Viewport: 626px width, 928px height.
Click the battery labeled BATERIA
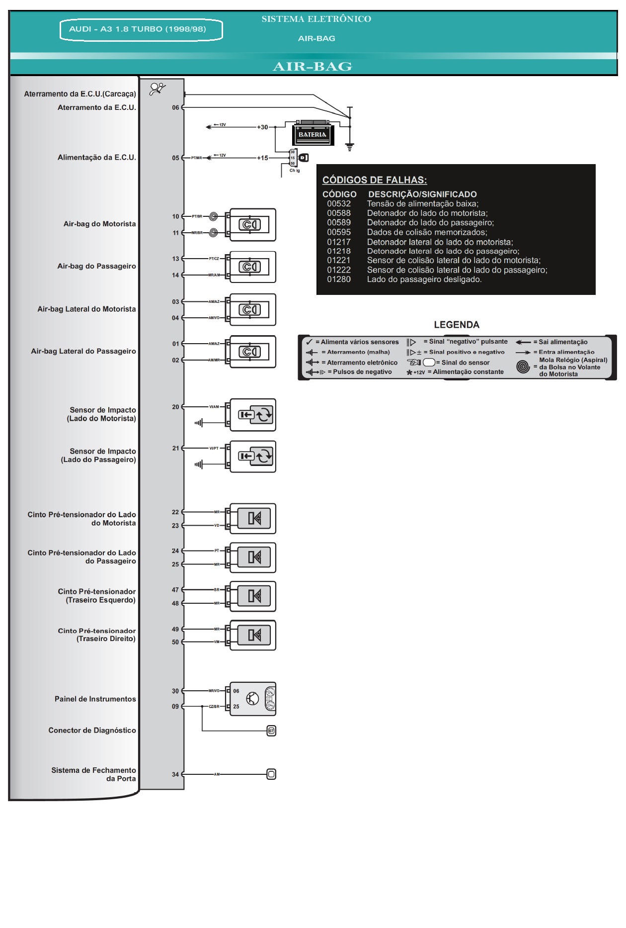313,133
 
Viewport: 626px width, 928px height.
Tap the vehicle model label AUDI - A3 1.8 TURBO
138,29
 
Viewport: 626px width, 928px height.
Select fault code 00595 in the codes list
339,232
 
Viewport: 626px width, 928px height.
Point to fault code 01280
339,279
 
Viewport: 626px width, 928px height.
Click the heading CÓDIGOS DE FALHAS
375,180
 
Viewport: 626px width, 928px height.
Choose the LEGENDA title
457,325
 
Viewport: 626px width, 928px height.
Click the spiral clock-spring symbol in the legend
523,367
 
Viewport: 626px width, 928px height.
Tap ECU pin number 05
175,158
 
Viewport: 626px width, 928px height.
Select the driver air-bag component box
252,225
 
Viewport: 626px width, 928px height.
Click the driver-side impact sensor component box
252,415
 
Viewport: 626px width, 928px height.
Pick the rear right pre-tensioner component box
252,635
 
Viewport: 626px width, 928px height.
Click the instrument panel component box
252,699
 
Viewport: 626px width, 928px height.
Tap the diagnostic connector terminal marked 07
271,731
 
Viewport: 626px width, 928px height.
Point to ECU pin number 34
175,774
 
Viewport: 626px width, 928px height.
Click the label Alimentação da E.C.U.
96,158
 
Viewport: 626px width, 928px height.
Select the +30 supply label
262,127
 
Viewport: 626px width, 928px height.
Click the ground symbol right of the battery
350,146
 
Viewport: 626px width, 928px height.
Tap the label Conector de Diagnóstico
92,731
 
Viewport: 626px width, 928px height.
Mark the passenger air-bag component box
252,267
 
